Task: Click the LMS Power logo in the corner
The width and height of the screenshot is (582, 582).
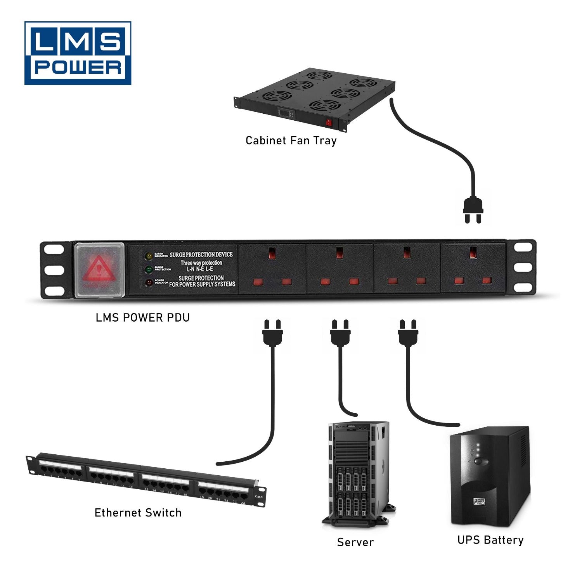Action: [78, 53]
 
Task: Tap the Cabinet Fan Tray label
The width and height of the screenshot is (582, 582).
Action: [291, 140]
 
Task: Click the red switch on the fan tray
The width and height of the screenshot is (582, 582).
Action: [329, 123]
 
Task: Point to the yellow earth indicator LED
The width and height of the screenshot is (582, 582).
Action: [149, 256]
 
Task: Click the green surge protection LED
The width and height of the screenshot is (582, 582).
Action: [149, 269]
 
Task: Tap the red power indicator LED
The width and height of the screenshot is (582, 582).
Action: [149, 282]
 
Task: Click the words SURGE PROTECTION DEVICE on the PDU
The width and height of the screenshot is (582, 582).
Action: [201, 255]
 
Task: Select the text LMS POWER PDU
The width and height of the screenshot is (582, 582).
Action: [143, 318]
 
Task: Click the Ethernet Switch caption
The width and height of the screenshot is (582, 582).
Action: [138, 513]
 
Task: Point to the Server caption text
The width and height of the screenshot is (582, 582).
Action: [355, 542]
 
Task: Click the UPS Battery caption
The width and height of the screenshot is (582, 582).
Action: [490, 540]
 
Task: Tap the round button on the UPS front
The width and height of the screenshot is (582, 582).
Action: [481, 461]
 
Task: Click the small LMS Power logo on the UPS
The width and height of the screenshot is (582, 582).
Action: [479, 502]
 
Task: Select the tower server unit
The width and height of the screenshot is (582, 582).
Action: [358, 473]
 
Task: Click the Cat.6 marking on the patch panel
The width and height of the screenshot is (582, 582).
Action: [258, 497]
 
